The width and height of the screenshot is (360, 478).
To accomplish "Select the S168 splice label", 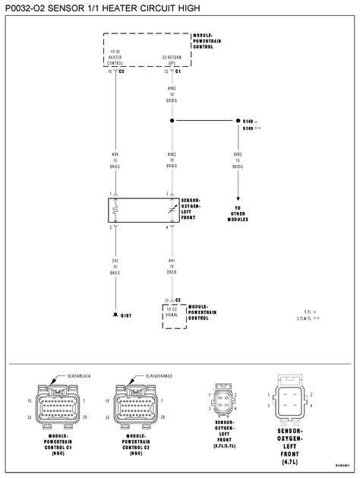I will point(248,121).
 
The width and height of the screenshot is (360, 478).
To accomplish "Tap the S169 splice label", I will point(248,128).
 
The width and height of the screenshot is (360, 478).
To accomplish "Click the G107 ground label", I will point(126,314).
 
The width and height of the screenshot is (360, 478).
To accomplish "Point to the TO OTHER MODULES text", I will point(237,213).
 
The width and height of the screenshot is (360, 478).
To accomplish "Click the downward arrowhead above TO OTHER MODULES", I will point(237,196).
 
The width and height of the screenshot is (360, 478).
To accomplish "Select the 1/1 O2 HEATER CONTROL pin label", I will point(115,56).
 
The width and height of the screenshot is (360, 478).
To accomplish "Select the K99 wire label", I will point(115,155).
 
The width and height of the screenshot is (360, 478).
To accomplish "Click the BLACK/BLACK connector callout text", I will point(78,375).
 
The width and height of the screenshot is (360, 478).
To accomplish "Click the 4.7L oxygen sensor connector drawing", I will point(292,399).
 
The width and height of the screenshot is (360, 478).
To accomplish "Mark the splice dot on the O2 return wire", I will point(172,121).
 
